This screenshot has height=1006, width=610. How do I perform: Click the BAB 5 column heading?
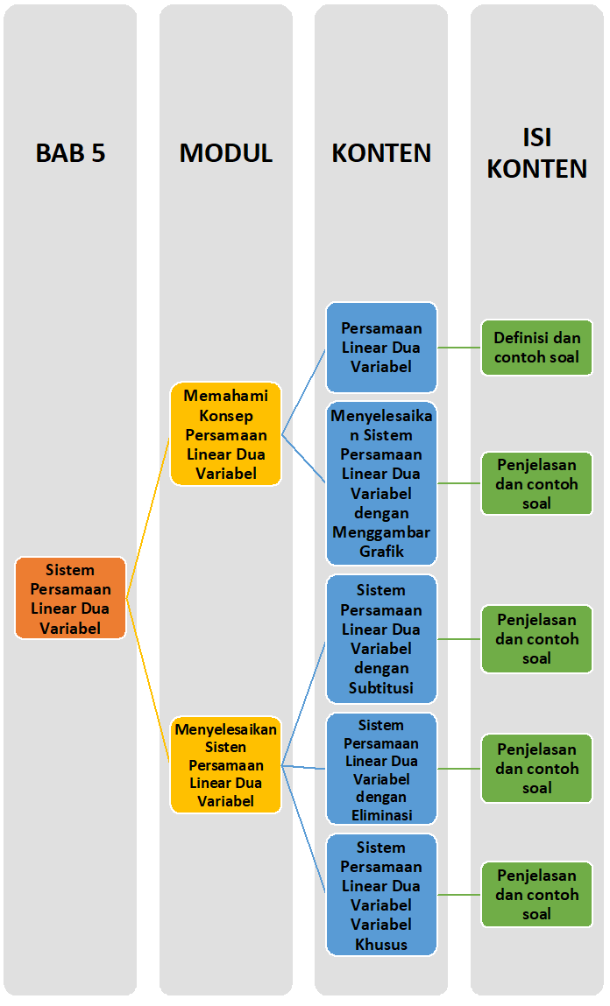(x=70, y=153)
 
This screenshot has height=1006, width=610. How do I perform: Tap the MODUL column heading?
(x=225, y=153)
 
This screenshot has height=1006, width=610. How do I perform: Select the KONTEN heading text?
(x=381, y=153)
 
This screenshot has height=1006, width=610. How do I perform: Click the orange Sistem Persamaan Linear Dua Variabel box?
(x=70, y=599)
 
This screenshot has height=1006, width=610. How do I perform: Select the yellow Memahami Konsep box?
(x=225, y=434)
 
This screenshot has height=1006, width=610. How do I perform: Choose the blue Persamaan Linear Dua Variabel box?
(x=381, y=348)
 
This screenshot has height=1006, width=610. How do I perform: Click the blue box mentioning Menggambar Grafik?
(x=381, y=483)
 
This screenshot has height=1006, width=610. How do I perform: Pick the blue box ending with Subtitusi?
(x=381, y=639)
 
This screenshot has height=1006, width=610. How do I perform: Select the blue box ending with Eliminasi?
(x=381, y=769)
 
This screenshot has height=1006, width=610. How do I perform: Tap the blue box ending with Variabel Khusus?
(x=381, y=895)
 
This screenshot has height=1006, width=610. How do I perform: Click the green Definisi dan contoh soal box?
(x=536, y=348)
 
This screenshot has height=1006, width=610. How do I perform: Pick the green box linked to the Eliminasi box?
(x=536, y=769)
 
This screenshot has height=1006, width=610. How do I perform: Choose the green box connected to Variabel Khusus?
(x=536, y=895)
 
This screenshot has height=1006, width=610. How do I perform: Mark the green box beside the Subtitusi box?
(x=536, y=639)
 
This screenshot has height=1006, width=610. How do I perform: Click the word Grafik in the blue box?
(x=381, y=552)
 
